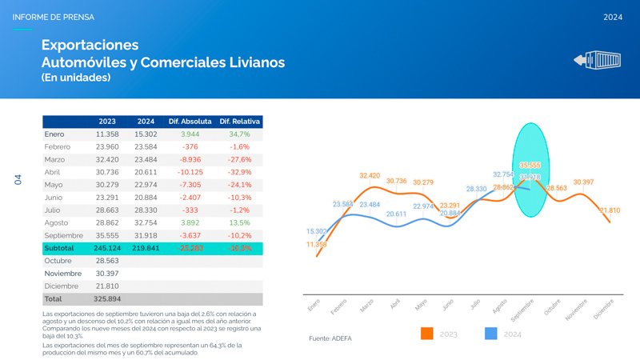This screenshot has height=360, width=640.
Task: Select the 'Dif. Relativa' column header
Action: click(239, 122)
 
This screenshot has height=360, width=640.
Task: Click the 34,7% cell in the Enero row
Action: click(239, 134)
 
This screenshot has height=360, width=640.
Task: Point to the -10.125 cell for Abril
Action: click(190, 172)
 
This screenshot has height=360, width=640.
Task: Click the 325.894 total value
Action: click(106, 298)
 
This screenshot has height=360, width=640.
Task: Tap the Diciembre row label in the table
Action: click(62, 286)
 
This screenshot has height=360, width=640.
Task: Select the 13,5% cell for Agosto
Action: click(239, 222)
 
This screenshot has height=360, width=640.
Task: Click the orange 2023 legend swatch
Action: click(426, 334)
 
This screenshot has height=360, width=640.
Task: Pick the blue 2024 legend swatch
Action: click(493, 334)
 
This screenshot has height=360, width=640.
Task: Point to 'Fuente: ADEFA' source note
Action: click(330, 338)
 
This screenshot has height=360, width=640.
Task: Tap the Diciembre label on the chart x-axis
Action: click(603, 309)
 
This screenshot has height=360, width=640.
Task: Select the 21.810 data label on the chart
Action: click(610, 210)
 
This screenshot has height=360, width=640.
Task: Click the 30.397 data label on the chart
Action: click(583, 182)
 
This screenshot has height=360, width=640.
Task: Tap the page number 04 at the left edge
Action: click(17, 180)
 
